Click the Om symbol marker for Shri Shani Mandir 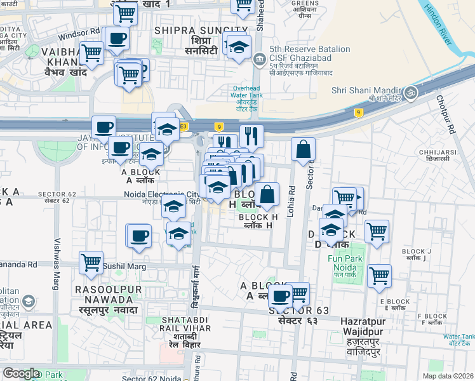[x=411, y=93]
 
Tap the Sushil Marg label [x=121, y=265]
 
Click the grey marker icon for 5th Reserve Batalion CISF [x=260, y=60]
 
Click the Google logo [x=21, y=373]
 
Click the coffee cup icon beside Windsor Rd [x=116, y=39]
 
